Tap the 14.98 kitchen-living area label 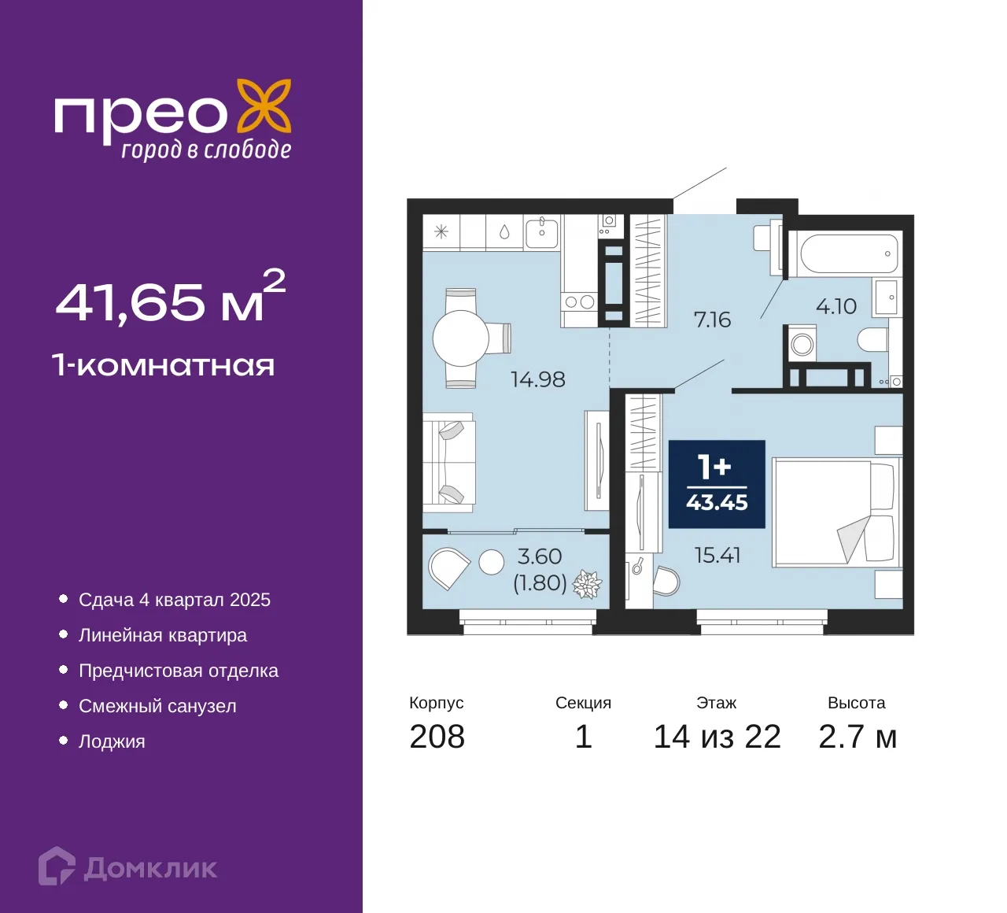pyautogui.click(x=537, y=379)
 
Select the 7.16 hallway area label pyautogui.click(x=712, y=320)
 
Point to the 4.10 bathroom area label pyautogui.click(x=835, y=306)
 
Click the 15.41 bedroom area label pyautogui.click(x=717, y=555)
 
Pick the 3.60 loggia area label pyautogui.click(x=539, y=556)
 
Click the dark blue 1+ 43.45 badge pyautogui.click(x=717, y=484)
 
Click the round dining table pyautogui.click(x=460, y=338)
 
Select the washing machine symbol pyautogui.click(x=802, y=345)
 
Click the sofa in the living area pyautogui.click(x=448, y=463)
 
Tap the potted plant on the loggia pyautogui.click(x=588, y=583)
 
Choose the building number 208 pyautogui.click(x=437, y=737)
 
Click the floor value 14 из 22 pyautogui.click(x=717, y=737)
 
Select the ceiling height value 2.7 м pyautogui.click(x=858, y=737)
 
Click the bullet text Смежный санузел pyautogui.click(x=157, y=705)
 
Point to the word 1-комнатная pyautogui.click(x=164, y=365)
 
